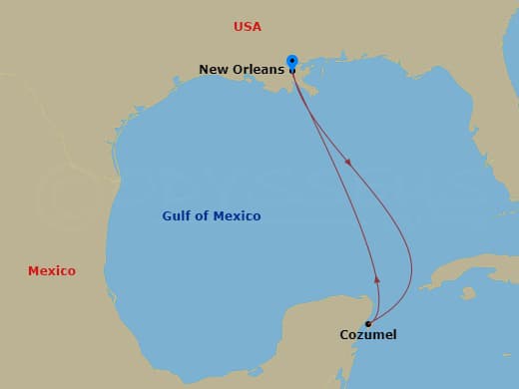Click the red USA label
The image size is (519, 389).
[247, 27]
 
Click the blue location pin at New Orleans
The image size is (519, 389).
[291, 64]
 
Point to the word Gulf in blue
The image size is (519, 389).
[178, 216]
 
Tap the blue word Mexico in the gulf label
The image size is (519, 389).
[238, 216]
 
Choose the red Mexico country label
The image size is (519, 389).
[51, 271]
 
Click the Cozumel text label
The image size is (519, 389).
[367, 335]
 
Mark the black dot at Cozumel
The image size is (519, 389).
[368, 323]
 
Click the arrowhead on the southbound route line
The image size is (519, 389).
[348, 161]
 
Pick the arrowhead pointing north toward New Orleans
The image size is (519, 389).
[376, 281]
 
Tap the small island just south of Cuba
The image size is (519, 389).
[468, 293]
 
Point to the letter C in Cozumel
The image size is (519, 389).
[344, 335]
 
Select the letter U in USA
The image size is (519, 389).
[238, 27]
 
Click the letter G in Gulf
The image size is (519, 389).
[168, 216]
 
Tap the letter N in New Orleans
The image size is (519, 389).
[204, 70]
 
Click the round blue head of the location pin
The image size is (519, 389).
[291, 60]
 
